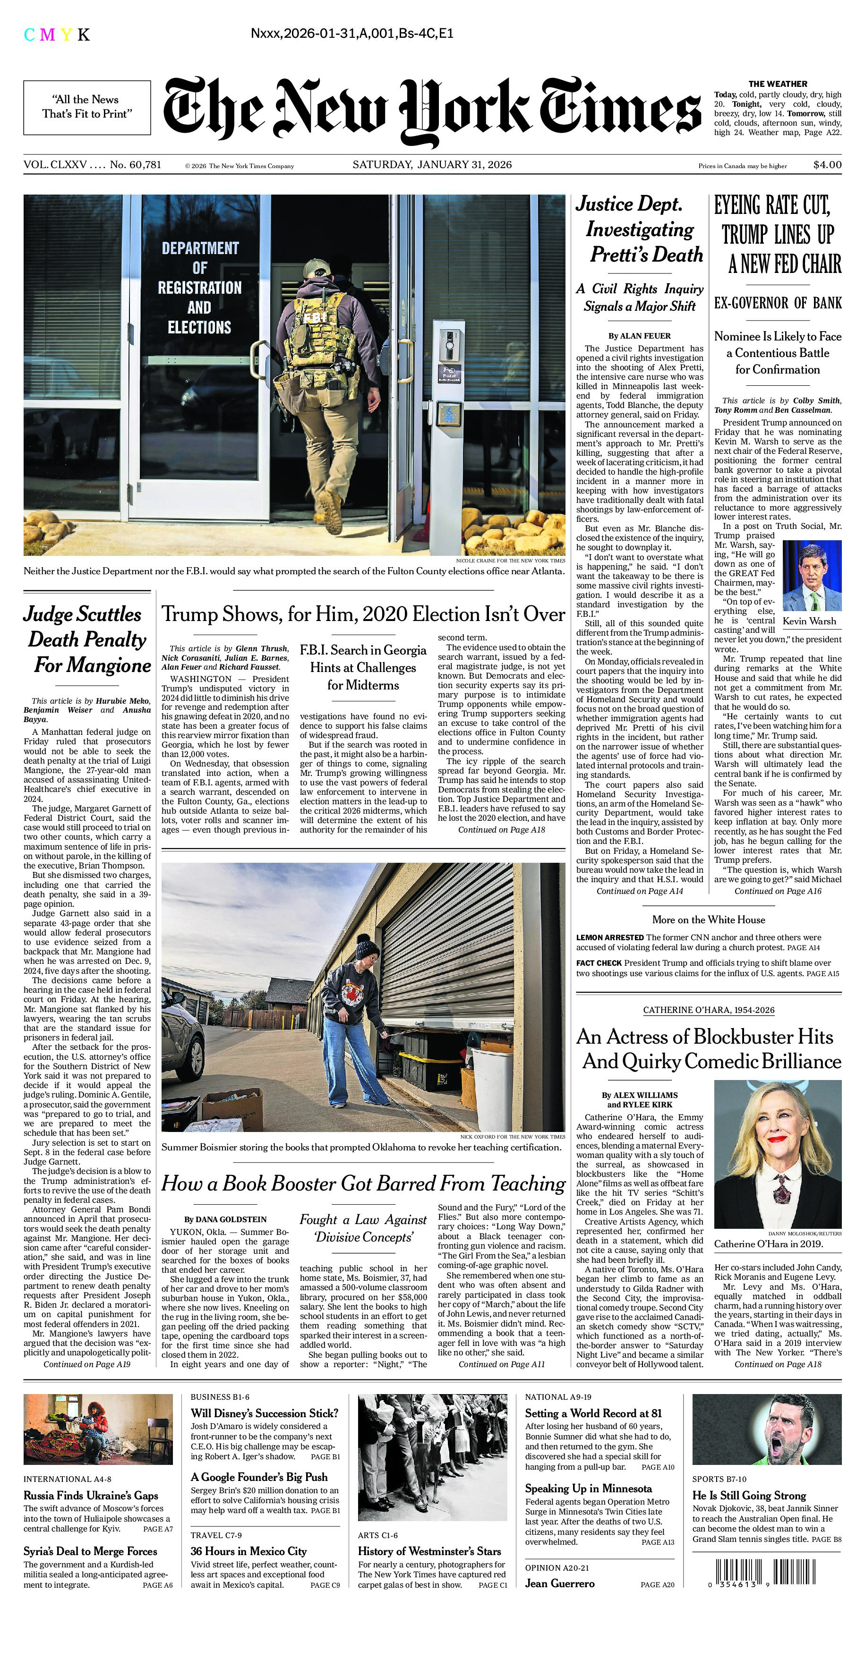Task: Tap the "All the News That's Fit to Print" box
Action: [87, 107]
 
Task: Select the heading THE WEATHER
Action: [778, 84]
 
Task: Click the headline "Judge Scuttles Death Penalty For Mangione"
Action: [87, 639]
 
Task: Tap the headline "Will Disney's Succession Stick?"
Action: [264, 1413]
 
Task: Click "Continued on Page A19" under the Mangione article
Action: [87, 1364]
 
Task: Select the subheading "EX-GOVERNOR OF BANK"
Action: [778, 303]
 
